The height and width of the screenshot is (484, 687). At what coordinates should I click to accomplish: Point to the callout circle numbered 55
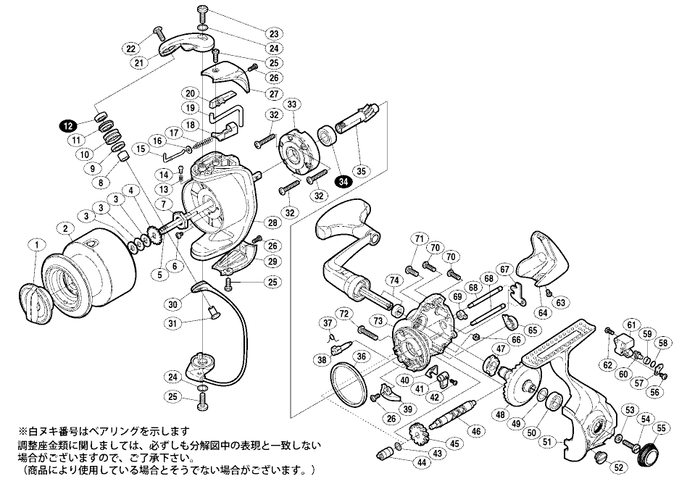point(661,428)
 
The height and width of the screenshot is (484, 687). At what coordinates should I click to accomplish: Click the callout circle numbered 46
point(476,431)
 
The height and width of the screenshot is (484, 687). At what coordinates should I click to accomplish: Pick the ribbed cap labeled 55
point(645,455)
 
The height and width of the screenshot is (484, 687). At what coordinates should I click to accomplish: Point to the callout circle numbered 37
point(328,322)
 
